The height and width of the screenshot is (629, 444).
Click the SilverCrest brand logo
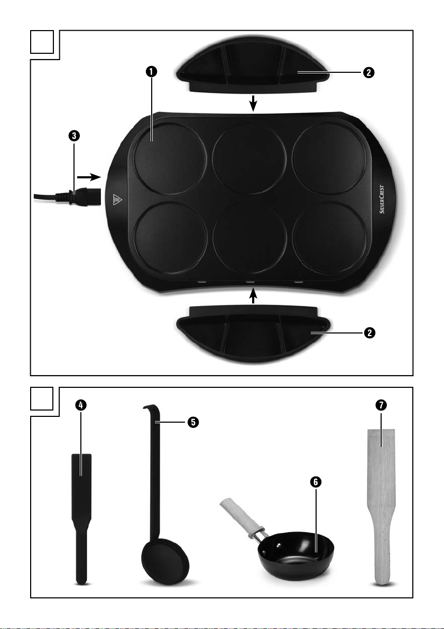pos(382,199)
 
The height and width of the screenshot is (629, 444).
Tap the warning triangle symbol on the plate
pos(116,199)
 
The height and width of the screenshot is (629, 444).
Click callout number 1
pos(151,72)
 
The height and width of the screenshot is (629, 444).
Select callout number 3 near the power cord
pos(74,136)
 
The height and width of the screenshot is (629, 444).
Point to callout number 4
pos(81,405)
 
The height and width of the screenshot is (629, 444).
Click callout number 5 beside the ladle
pos(193,422)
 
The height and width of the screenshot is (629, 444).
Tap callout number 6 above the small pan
pos(316,482)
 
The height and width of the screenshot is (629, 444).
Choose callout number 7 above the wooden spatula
pos(381,405)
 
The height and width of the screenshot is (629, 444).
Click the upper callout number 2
pos(369,73)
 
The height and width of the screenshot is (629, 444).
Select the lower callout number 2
pos(369,333)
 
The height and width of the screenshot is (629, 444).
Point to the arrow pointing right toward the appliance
pos(88,177)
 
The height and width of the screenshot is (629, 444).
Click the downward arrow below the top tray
pos(253,103)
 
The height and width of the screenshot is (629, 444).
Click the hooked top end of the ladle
pos(150,409)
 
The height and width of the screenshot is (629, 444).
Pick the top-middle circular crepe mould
pos(249,158)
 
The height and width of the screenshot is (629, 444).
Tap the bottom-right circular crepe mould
pos(329,239)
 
